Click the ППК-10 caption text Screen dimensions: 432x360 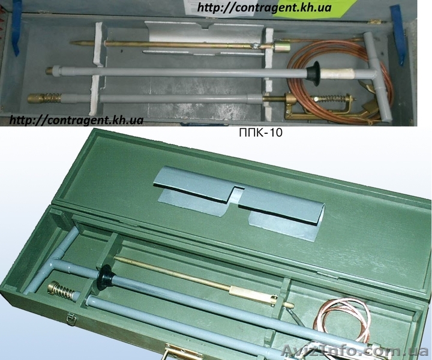pos(260,133)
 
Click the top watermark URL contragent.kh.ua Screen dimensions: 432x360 pos(264,7)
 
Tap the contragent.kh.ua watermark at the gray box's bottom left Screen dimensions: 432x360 pos(76,120)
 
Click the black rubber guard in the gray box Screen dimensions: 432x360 pos(314,73)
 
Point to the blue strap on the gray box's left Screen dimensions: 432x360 pos(16,30)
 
